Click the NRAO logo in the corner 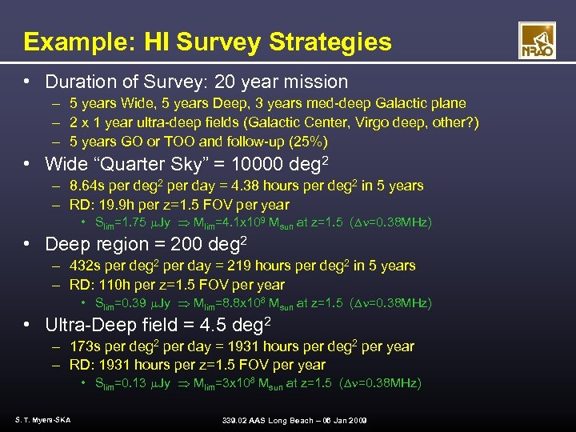(x=537, y=41)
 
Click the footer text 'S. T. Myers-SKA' (x=42, y=420)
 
